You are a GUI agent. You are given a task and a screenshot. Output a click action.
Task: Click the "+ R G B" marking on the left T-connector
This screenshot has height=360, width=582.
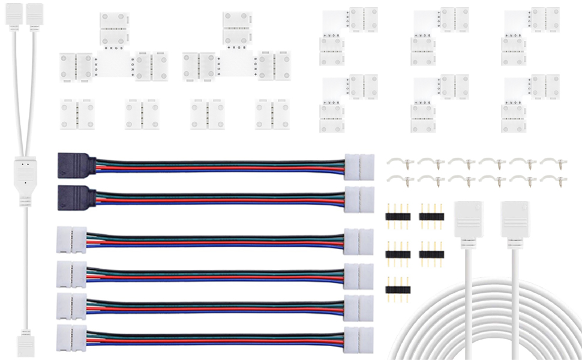point(113,47)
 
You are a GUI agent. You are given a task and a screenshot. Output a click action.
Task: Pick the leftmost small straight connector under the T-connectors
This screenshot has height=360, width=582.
point(77,114)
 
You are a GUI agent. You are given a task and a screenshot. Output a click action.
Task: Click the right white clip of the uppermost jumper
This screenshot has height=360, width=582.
point(359,164)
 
